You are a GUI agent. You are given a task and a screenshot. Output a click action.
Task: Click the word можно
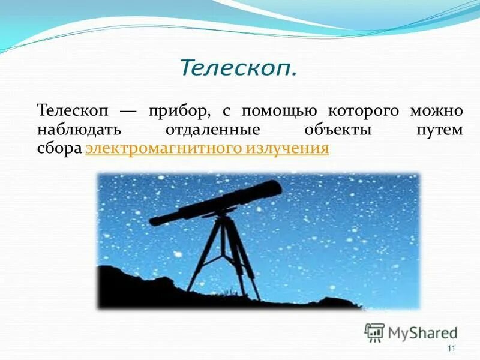click(436, 112)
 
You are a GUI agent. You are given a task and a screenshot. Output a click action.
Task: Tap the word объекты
click(337, 130)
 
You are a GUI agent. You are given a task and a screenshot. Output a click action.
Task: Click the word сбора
click(59, 148)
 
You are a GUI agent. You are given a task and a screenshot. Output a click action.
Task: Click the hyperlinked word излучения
click(287, 148)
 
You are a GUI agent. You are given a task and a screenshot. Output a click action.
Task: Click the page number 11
click(451, 349)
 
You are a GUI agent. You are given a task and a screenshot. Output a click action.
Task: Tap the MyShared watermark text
click(422, 332)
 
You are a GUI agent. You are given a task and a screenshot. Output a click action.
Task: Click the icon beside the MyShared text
click(374, 332)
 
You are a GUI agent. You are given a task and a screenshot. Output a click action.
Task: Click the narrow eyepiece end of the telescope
click(157, 220)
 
